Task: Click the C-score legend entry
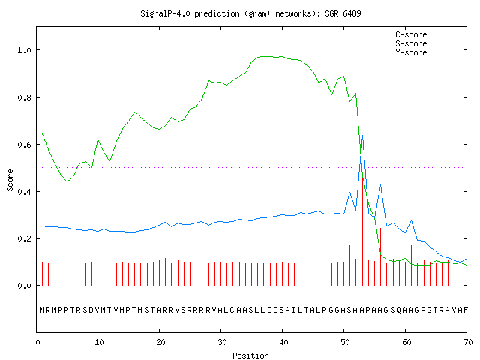[427, 34]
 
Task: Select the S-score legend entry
[427, 43]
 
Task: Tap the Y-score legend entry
[427, 52]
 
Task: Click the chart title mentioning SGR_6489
[250, 13]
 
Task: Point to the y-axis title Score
[10, 180]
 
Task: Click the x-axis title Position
[250, 355]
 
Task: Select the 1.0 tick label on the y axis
[25, 50]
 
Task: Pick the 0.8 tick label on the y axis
[25, 97]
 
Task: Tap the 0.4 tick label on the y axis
[25, 192]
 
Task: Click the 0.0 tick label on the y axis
[25, 286]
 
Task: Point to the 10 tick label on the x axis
[99, 342]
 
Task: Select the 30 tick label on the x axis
[222, 342]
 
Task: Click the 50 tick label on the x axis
[345, 342]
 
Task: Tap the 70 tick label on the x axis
[468, 342]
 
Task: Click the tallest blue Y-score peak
[362, 135]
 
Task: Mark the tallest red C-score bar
[363, 232]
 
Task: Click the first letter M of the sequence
[42, 310]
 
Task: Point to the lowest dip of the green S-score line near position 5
[67, 181]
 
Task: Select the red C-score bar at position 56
[380, 256]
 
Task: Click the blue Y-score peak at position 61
[412, 220]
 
